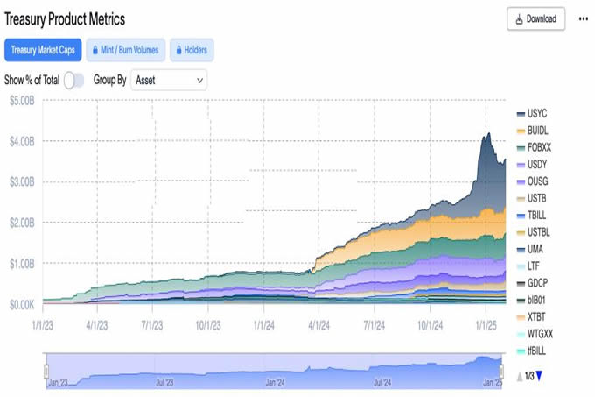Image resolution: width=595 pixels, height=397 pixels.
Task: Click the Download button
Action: [x=535, y=18]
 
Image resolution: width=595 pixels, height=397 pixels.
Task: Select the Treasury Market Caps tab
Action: [x=43, y=49]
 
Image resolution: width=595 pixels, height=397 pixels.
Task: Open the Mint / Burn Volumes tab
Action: [x=125, y=49]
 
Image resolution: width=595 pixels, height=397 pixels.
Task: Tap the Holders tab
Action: [x=190, y=49]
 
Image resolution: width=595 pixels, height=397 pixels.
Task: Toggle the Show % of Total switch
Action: [x=73, y=80]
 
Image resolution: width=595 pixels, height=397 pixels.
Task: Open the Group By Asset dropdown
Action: [x=169, y=80]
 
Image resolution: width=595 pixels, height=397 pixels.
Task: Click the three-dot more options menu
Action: [x=583, y=18]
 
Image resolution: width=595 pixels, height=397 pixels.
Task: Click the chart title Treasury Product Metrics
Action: [x=66, y=18]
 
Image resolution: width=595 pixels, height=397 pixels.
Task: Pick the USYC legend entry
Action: [x=537, y=114]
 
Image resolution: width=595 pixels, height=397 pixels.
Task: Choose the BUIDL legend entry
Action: [x=538, y=131]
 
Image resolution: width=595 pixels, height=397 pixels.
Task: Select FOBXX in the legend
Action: [x=540, y=147]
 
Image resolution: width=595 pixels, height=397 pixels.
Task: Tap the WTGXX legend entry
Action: [x=541, y=334]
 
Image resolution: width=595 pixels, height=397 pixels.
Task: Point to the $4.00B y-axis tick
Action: [x=23, y=141]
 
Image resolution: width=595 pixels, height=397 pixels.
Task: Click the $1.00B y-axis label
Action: [x=23, y=264]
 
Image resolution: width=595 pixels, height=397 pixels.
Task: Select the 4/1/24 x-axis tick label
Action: [x=318, y=324]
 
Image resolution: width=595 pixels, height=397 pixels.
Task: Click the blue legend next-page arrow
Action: [x=539, y=376]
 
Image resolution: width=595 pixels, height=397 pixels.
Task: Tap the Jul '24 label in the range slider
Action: [x=382, y=383]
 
